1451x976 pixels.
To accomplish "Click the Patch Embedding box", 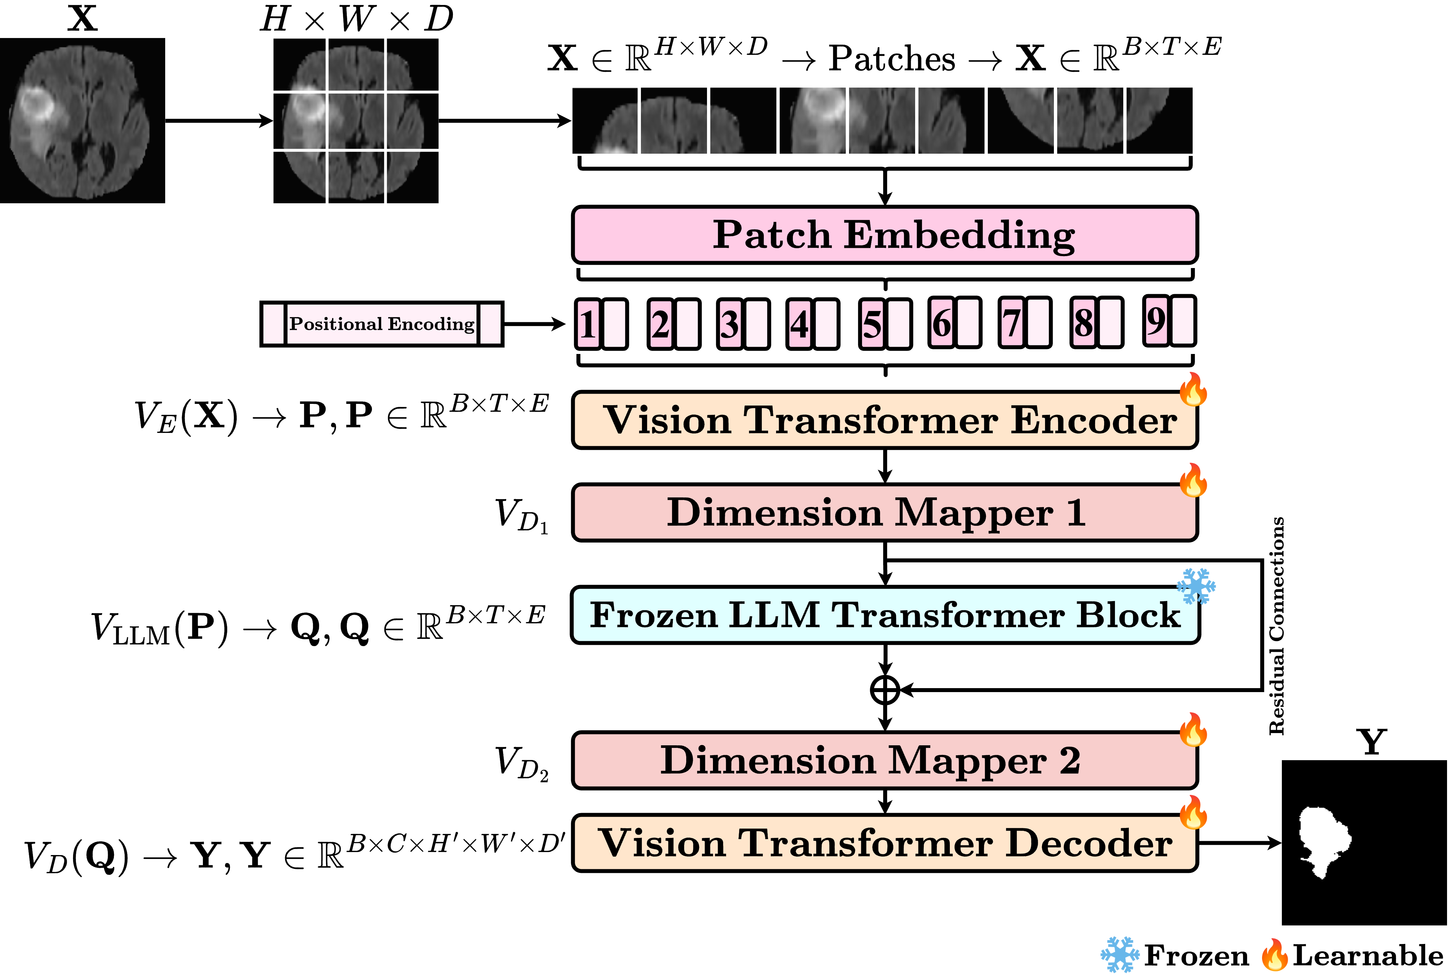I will point(884,235).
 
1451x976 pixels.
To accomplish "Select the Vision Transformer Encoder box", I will point(884,420).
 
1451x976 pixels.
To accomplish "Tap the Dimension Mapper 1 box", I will point(884,512).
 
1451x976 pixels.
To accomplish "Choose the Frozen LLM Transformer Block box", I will point(884,615).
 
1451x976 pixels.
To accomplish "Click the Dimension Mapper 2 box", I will point(884,760).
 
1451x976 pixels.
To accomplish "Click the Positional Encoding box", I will point(382,324).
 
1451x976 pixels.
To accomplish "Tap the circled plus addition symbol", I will point(885,690).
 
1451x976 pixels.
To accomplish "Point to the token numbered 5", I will point(872,324).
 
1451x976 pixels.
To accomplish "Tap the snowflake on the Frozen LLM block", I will point(1195,586).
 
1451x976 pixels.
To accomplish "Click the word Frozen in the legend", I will point(1196,956).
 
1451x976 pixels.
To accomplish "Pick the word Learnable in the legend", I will point(1368,956).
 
